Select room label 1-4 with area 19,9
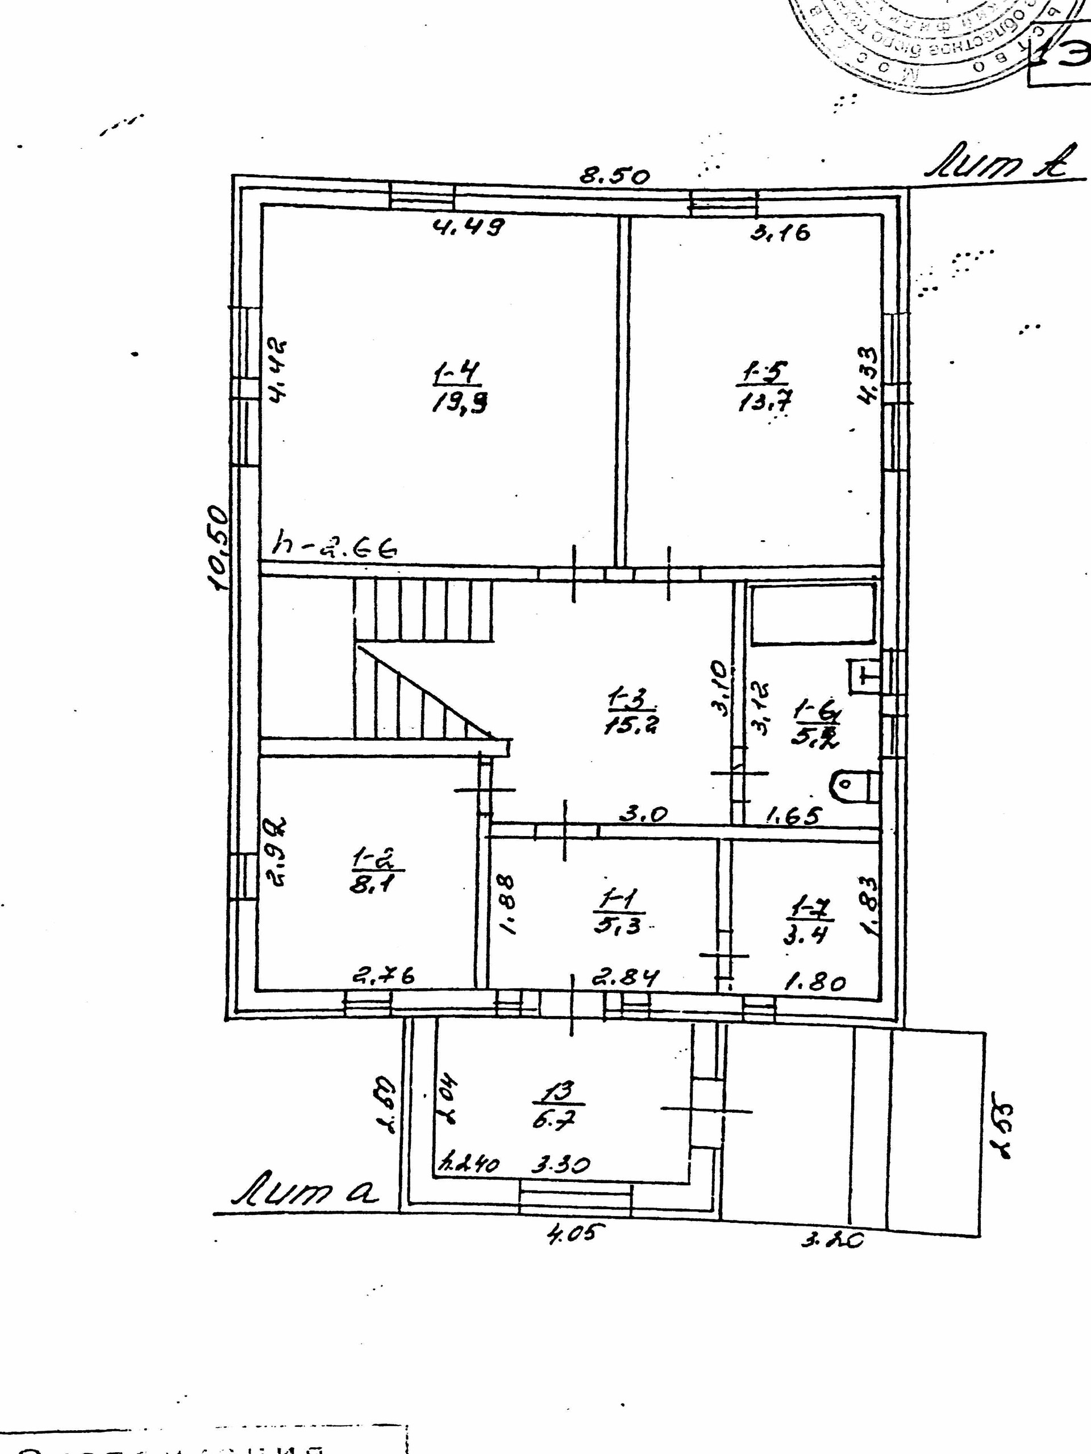click(459, 389)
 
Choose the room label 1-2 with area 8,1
click(376, 870)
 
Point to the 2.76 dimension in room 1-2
click(384, 977)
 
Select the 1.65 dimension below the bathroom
click(794, 816)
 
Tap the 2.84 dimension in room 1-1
click(624, 977)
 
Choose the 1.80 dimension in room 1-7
click(815, 983)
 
